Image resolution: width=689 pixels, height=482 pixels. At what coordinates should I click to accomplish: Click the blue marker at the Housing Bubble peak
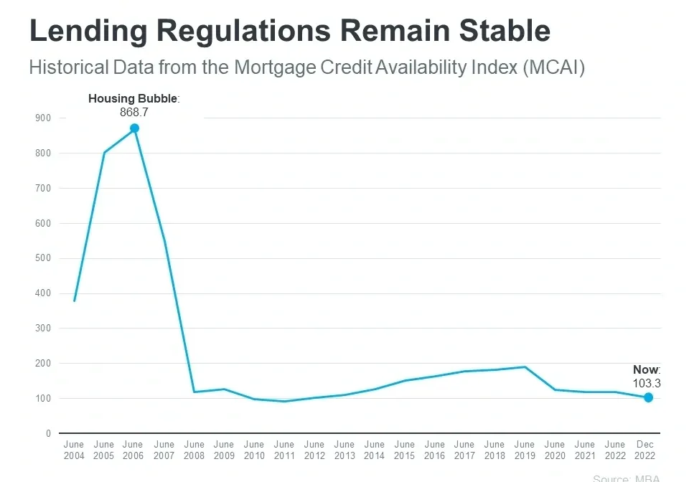(134, 128)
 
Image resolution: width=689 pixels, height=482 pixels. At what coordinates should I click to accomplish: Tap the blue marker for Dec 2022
(648, 397)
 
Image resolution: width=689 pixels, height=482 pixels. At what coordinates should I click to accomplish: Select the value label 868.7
(134, 112)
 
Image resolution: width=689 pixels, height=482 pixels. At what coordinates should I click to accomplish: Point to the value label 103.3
(647, 383)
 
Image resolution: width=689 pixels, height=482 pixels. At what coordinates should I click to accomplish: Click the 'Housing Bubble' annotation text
(132, 98)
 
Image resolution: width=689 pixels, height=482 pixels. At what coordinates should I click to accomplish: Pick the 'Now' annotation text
(645, 369)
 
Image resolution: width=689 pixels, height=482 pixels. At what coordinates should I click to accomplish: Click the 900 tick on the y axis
(42, 118)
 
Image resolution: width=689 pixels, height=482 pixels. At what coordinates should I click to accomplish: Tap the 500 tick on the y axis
(42, 258)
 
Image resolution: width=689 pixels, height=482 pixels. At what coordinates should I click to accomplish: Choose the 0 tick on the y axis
(48, 433)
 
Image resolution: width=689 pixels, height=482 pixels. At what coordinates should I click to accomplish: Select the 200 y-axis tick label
(42, 364)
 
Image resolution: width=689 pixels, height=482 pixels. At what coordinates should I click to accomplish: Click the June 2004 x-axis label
(74, 450)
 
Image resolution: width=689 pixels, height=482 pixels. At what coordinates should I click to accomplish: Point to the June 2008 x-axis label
(194, 450)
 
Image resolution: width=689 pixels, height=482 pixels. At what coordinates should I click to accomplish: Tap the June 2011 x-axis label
(284, 450)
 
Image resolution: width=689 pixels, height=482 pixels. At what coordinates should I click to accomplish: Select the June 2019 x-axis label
(525, 450)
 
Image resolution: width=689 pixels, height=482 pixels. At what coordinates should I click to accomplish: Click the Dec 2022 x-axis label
(645, 450)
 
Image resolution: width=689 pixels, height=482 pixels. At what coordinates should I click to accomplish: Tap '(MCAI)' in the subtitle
(554, 68)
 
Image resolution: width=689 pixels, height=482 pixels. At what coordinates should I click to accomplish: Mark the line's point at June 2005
(104, 152)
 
